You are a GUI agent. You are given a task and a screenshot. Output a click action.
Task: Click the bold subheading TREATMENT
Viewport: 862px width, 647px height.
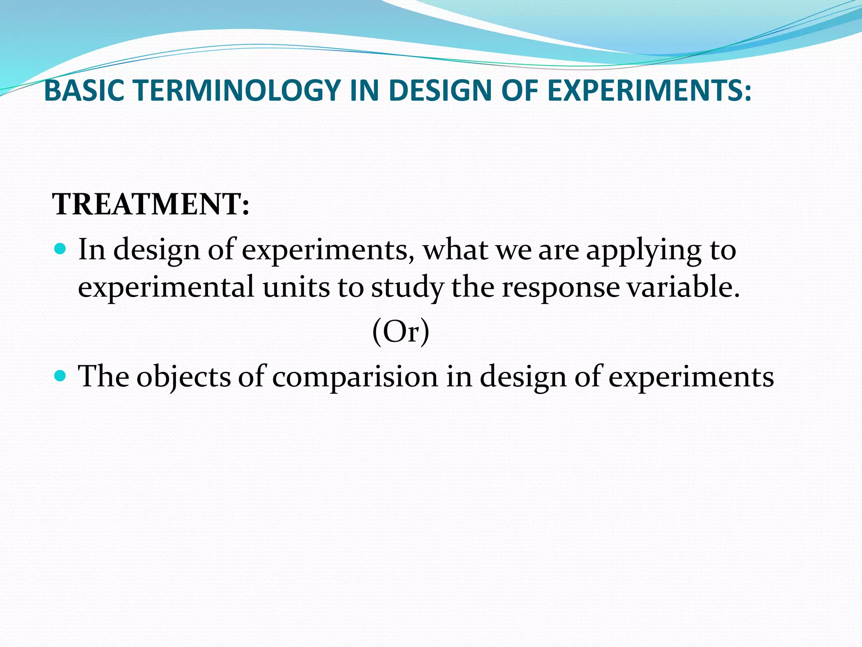pyautogui.click(x=151, y=204)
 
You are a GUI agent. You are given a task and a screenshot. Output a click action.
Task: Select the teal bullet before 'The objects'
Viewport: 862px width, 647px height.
pyautogui.click(x=61, y=375)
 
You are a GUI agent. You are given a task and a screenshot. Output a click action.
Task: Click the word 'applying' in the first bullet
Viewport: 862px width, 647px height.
pyautogui.click(x=644, y=251)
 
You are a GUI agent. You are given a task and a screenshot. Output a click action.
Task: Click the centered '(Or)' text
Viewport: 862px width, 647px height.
pyautogui.click(x=401, y=332)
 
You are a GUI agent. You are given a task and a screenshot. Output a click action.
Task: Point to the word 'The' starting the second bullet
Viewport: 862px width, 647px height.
pyautogui.click(x=104, y=376)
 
